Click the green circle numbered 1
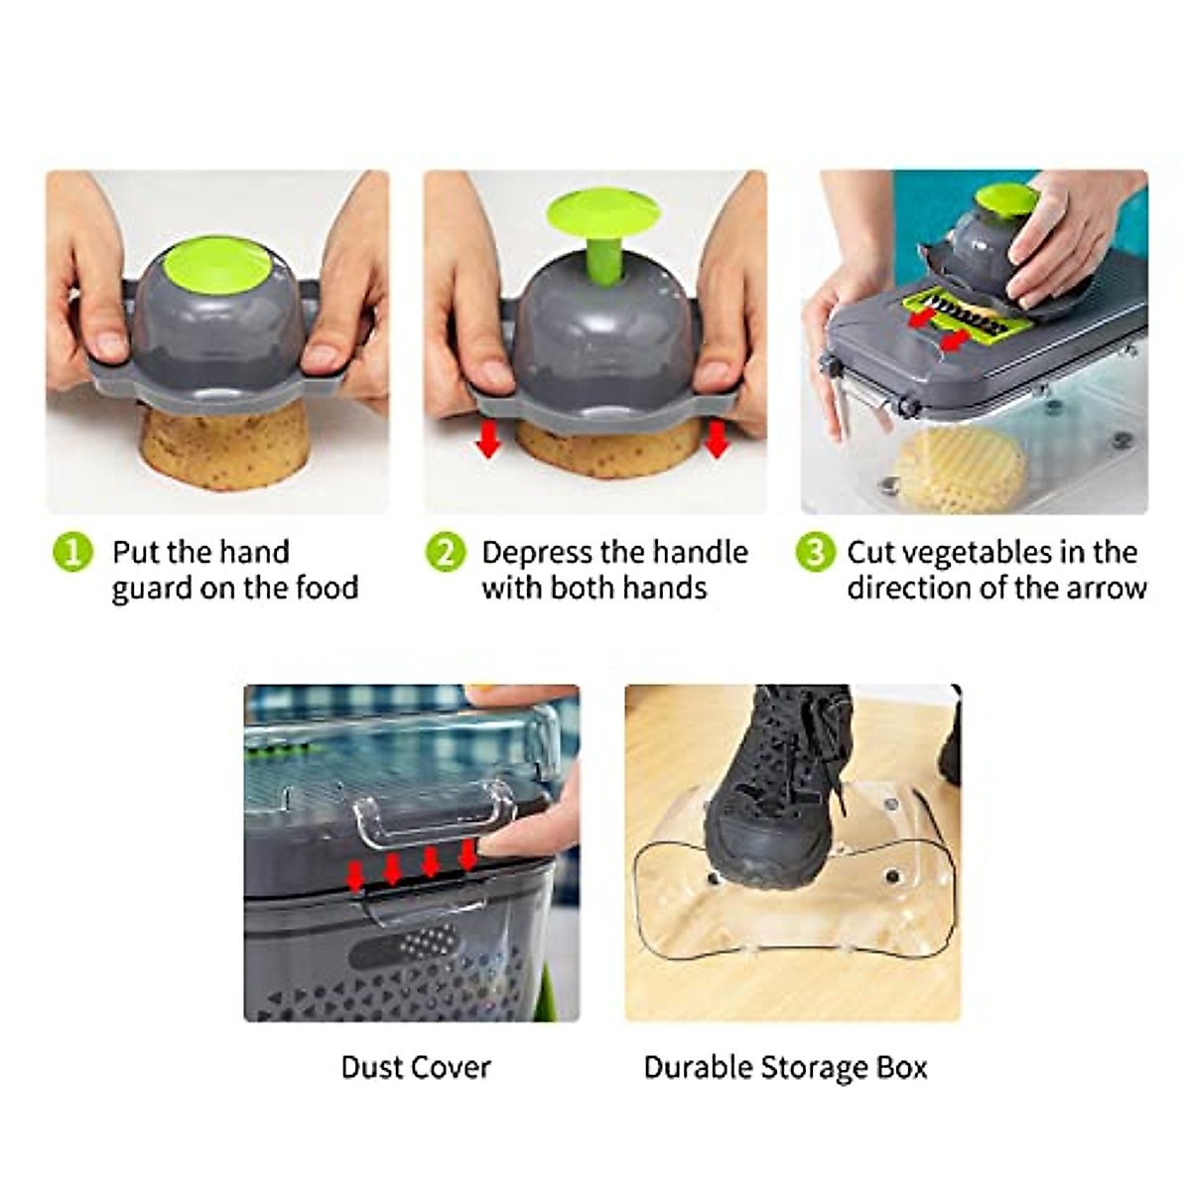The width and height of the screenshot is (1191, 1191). (72, 552)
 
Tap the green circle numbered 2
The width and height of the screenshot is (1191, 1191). (446, 552)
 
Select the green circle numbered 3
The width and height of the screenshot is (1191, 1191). (815, 552)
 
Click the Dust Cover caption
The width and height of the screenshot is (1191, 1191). (415, 1067)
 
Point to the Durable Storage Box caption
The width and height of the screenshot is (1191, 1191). (785, 1067)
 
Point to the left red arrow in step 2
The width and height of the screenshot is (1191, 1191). (487, 440)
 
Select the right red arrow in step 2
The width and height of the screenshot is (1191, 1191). (717, 440)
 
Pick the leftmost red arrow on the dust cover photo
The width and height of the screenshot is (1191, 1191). (355, 875)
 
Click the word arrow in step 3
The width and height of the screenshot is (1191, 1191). (1106, 588)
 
